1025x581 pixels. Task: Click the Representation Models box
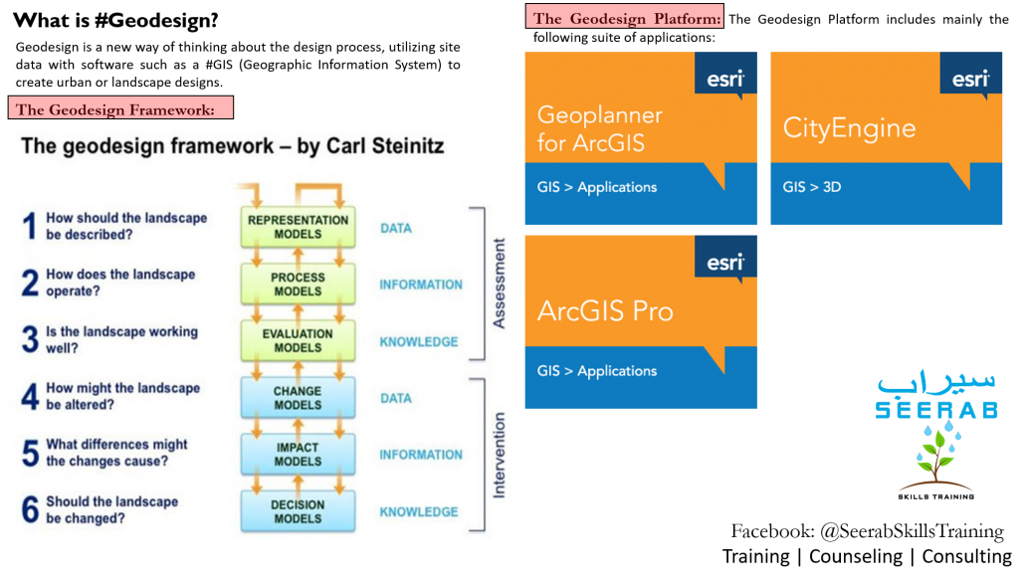[298, 227]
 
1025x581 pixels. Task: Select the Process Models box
[298, 284]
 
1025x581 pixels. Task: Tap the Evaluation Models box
[298, 340]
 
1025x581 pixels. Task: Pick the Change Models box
[298, 397]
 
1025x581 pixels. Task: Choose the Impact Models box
[298, 455]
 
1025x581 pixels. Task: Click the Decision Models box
[298, 511]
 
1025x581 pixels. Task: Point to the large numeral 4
[30, 396]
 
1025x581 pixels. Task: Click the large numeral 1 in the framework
[30, 226]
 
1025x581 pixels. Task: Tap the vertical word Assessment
[499, 283]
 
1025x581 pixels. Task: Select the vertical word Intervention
[499, 455]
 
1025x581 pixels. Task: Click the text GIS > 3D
[812, 187]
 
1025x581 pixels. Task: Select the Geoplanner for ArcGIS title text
[599, 128]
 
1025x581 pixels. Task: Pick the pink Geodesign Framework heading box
[120, 107]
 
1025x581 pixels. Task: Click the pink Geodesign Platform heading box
[624, 17]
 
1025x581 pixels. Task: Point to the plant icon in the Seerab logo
[936, 456]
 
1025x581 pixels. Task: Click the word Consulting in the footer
[967, 556]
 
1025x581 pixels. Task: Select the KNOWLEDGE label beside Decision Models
[419, 511]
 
